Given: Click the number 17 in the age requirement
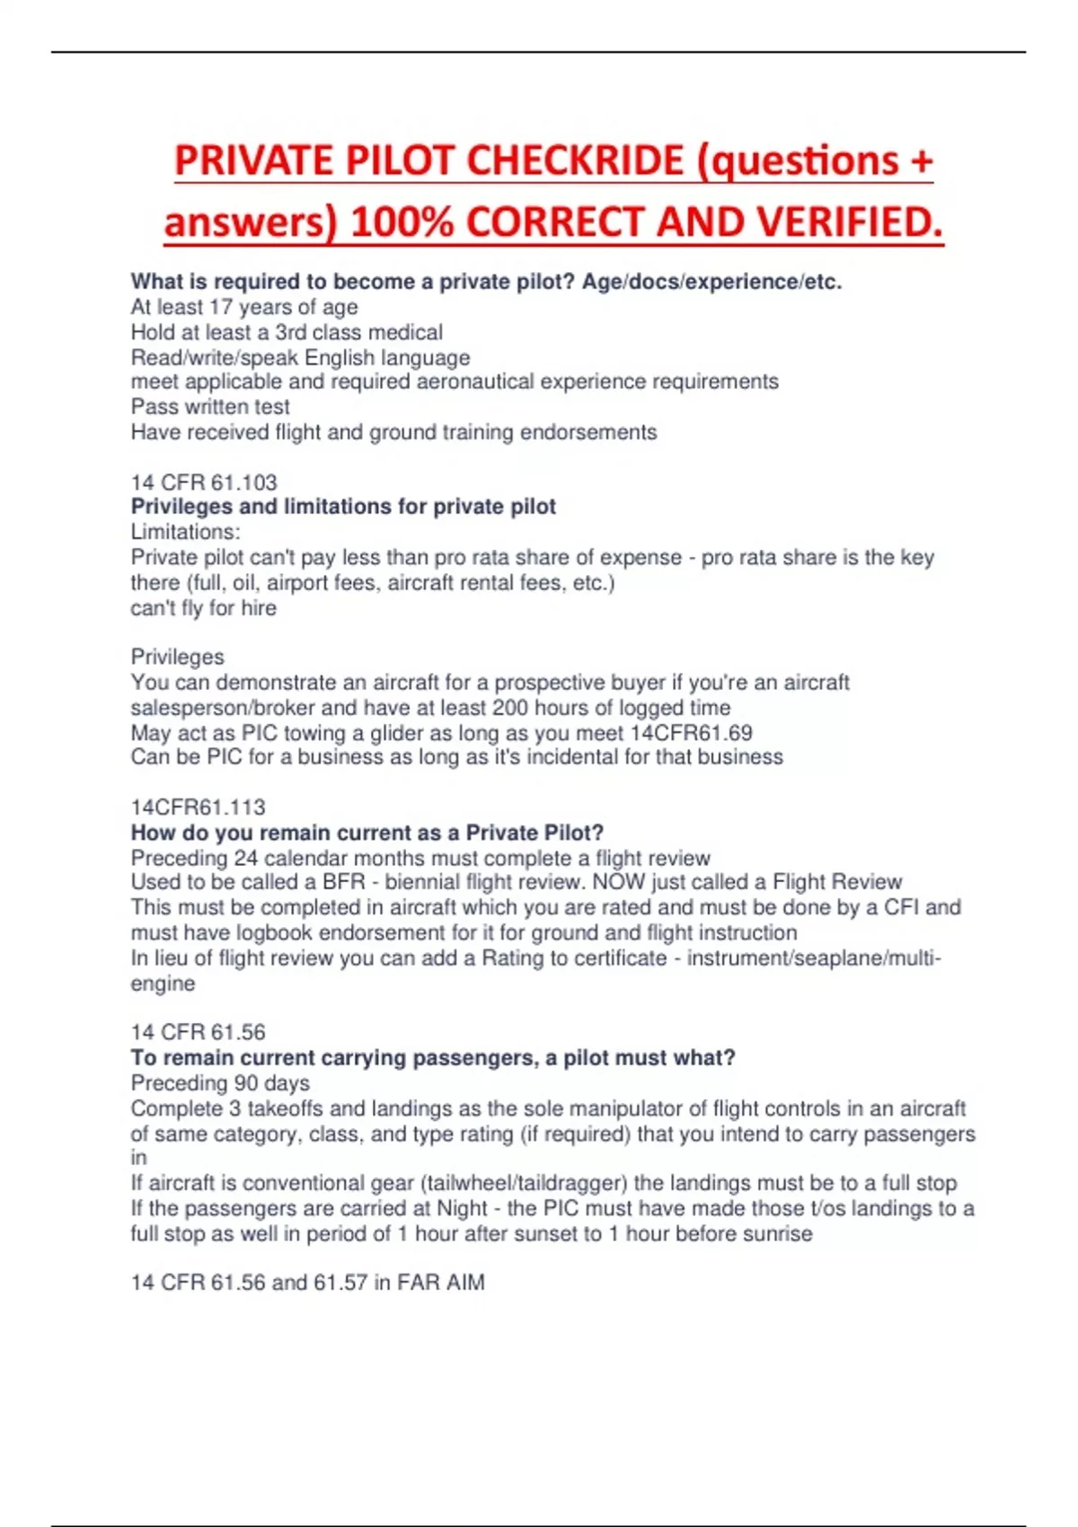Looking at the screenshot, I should [x=220, y=307].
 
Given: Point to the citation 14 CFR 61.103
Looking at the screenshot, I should [x=204, y=482].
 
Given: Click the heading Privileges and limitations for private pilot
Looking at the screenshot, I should [x=343, y=507].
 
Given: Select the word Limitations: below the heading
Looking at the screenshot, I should [x=185, y=532].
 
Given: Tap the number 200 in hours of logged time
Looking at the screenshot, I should [x=510, y=708].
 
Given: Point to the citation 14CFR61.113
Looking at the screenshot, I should [x=198, y=807].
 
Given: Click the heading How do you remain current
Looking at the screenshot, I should [x=367, y=833].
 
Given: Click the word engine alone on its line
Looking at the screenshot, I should [x=163, y=984].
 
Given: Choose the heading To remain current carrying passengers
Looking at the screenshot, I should [x=432, y=1058].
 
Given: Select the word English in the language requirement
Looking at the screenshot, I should [x=339, y=357].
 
